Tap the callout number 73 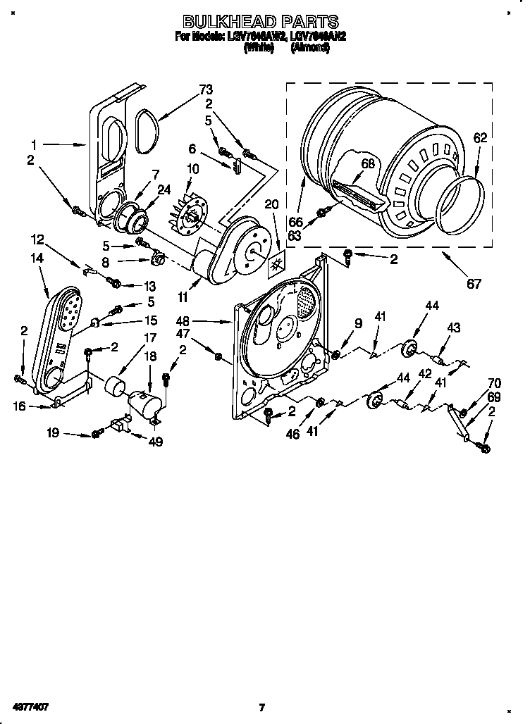coord(205,89)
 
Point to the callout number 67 coord(474,285)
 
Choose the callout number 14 coord(37,258)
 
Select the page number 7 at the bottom coord(261,707)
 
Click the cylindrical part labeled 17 coord(113,388)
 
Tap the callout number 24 coord(164,188)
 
